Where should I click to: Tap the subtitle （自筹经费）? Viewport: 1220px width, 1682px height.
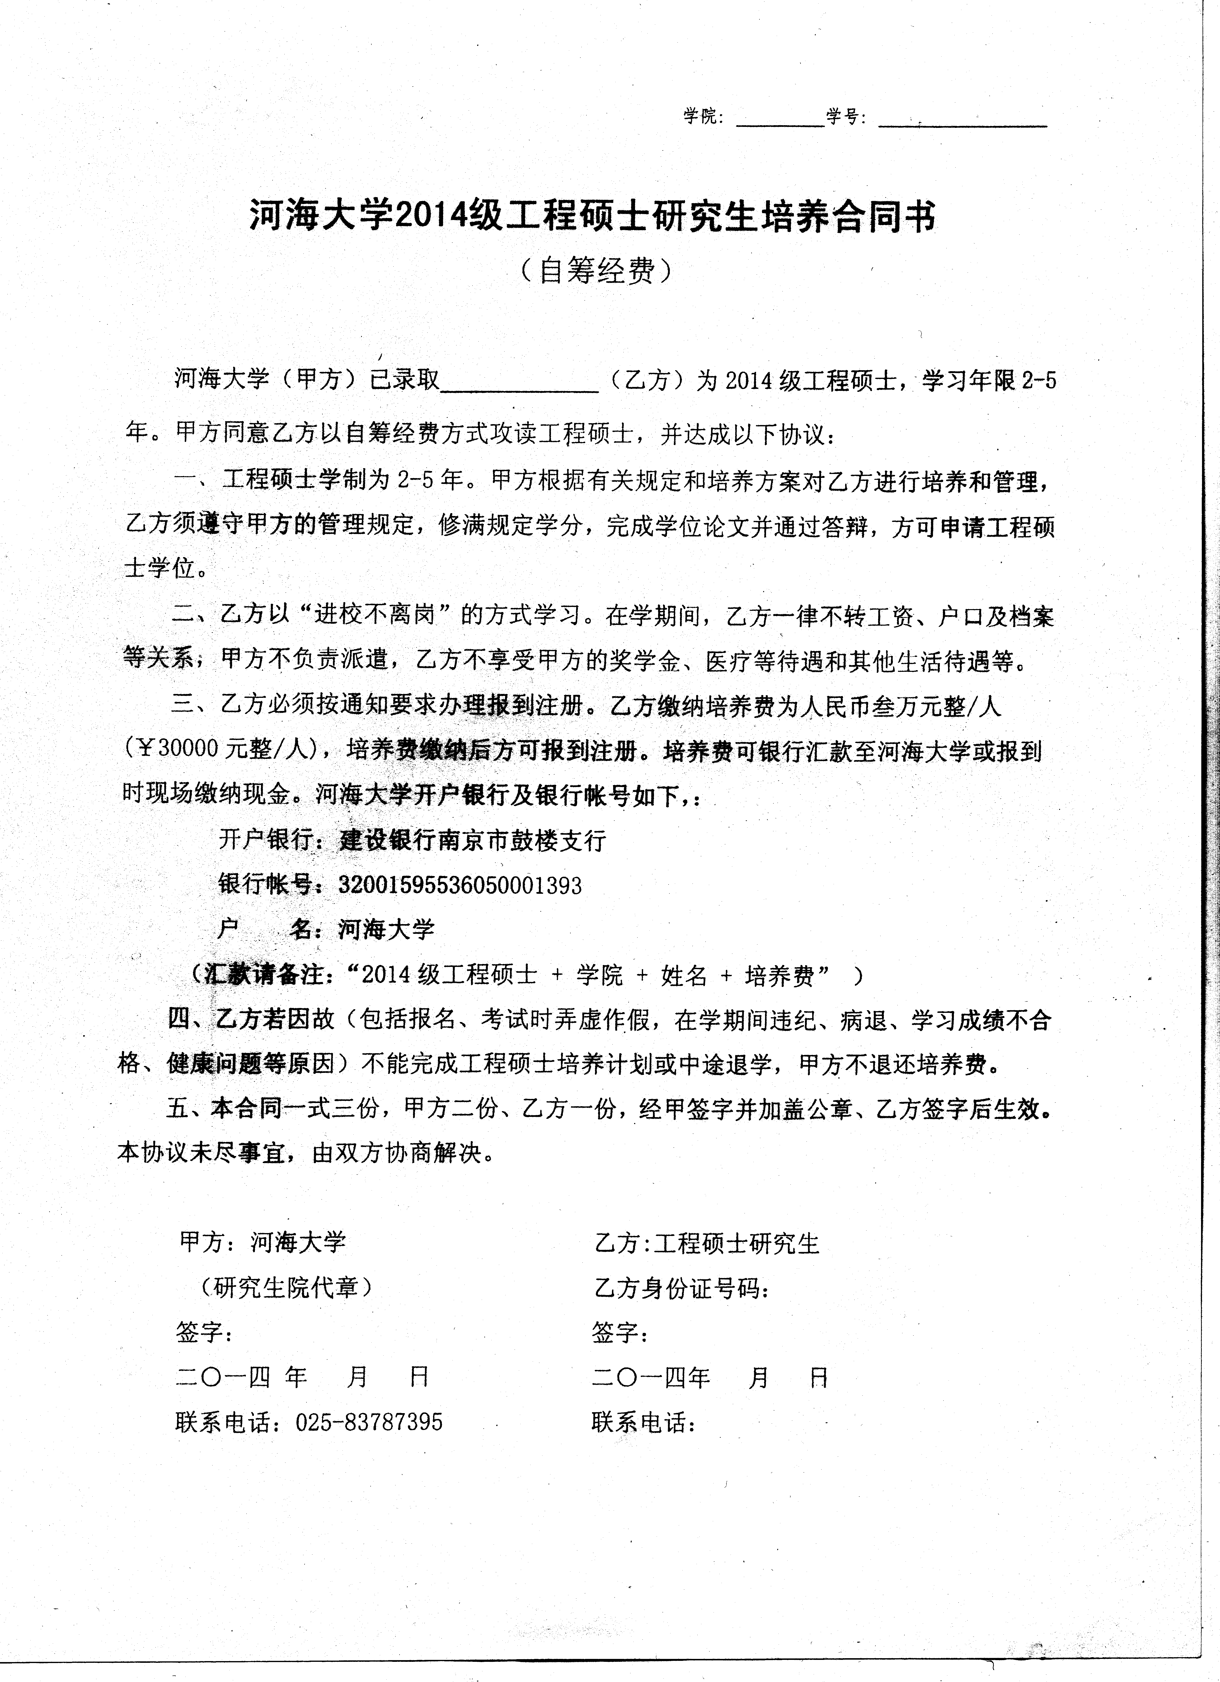coord(597,272)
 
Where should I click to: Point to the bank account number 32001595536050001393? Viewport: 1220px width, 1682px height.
coord(460,885)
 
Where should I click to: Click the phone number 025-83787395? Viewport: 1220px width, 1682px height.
coord(369,1422)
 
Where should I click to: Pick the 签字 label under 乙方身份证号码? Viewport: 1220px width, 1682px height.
coord(620,1333)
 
